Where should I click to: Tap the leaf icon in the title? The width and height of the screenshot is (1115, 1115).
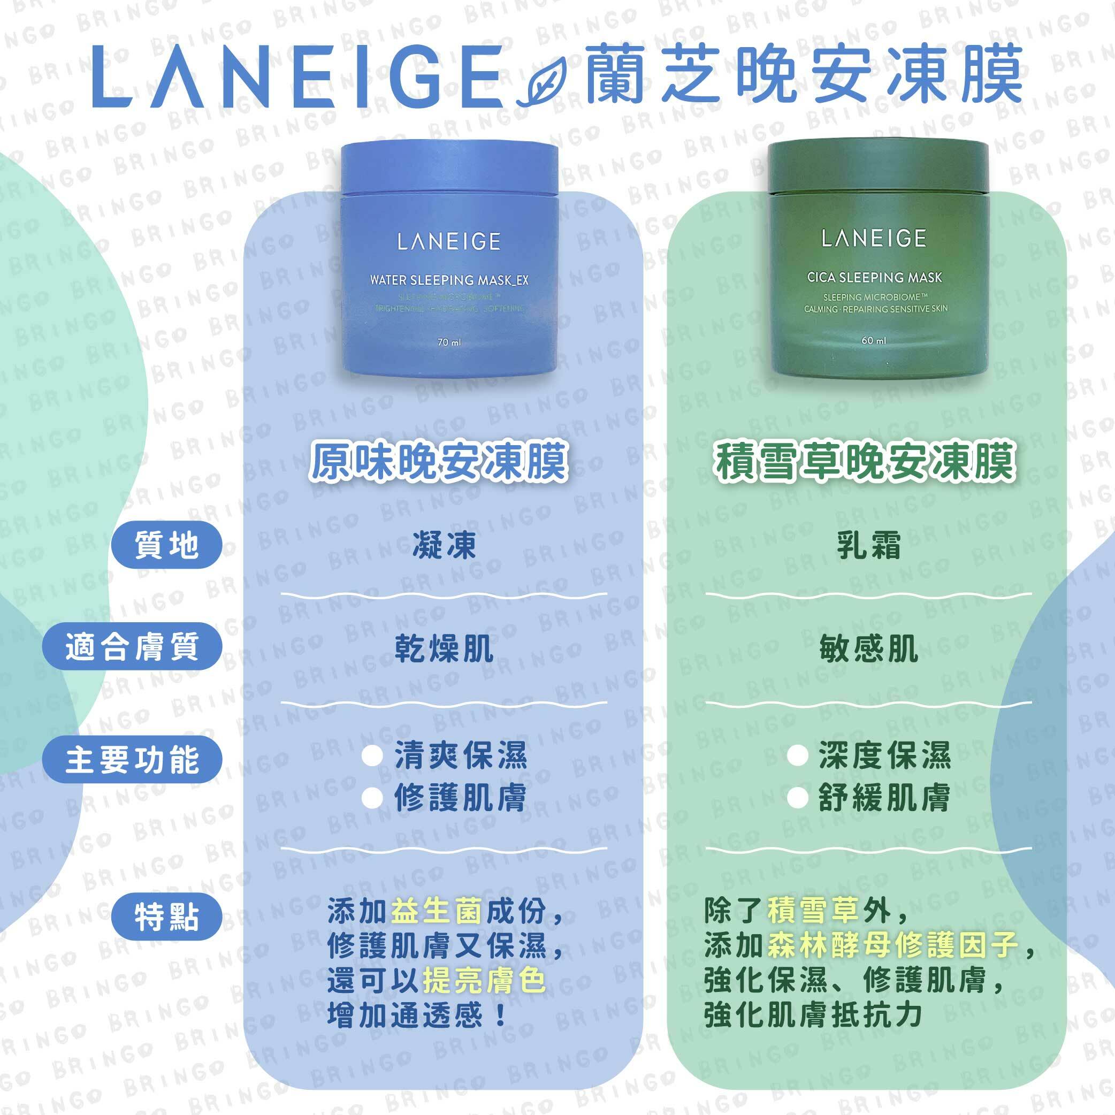tap(543, 86)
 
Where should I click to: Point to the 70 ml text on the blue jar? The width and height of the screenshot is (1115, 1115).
tap(449, 342)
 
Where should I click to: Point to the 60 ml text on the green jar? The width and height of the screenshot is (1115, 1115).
tap(873, 340)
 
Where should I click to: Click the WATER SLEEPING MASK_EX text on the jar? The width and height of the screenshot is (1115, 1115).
tap(449, 280)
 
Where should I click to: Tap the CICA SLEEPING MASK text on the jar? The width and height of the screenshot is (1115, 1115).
tap(874, 278)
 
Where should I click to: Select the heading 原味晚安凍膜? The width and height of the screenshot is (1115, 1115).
tap(439, 462)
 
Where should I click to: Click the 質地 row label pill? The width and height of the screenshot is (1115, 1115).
tap(166, 545)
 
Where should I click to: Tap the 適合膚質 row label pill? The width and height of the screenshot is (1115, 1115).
tap(132, 646)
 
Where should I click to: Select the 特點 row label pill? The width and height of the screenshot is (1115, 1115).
tap(166, 917)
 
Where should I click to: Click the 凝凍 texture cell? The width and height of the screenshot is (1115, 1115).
tap(444, 545)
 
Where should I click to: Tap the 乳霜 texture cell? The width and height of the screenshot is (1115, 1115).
tap(868, 545)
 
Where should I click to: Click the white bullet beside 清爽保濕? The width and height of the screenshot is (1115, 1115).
tap(372, 756)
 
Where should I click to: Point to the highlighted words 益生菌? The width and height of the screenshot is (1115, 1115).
tap(436, 911)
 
